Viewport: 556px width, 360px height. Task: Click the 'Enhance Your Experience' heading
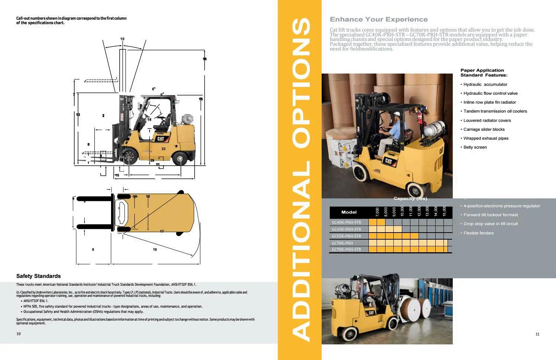tap(378, 19)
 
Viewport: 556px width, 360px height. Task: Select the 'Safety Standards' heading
tap(38, 276)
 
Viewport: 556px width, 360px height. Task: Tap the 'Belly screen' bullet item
tap(475, 147)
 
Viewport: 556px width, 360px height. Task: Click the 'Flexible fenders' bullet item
tap(478, 233)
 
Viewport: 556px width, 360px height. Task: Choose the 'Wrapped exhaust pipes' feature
tap(486, 138)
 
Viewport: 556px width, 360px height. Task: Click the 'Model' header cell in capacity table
tap(349, 212)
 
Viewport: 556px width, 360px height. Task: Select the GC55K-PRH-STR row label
tap(346, 236)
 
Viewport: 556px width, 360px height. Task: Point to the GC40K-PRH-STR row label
tap(346, 222)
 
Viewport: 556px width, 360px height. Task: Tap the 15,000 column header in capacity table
tap(444, 212)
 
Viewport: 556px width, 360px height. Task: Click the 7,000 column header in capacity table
tap(377, 212)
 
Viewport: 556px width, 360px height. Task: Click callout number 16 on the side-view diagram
tap(205, 59)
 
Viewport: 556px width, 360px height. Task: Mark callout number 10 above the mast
tap(122, 39)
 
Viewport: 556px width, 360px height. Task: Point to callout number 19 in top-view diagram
tap(155, 250)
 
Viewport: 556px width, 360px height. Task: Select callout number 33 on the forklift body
tap(163, 149)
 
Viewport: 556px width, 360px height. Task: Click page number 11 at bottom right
tap(537, 334)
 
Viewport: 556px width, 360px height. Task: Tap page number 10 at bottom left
tap(19, 334)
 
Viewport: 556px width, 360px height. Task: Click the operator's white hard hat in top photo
tap(397, 114)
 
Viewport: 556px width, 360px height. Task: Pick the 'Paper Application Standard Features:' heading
tap(484, 72)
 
